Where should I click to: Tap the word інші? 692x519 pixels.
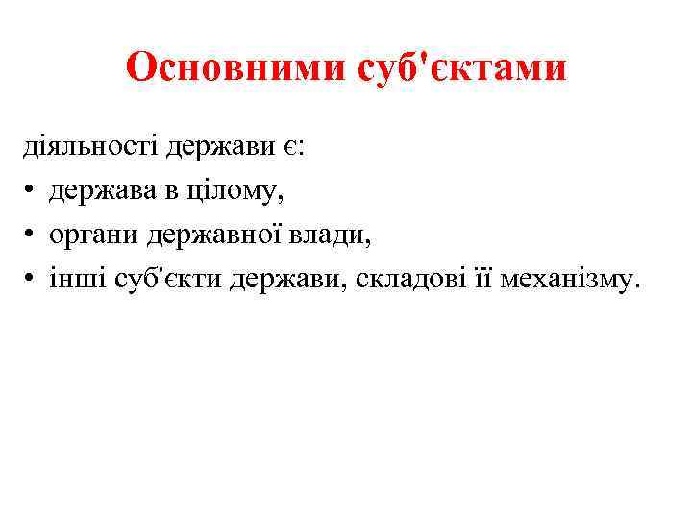tap(78, 280)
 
